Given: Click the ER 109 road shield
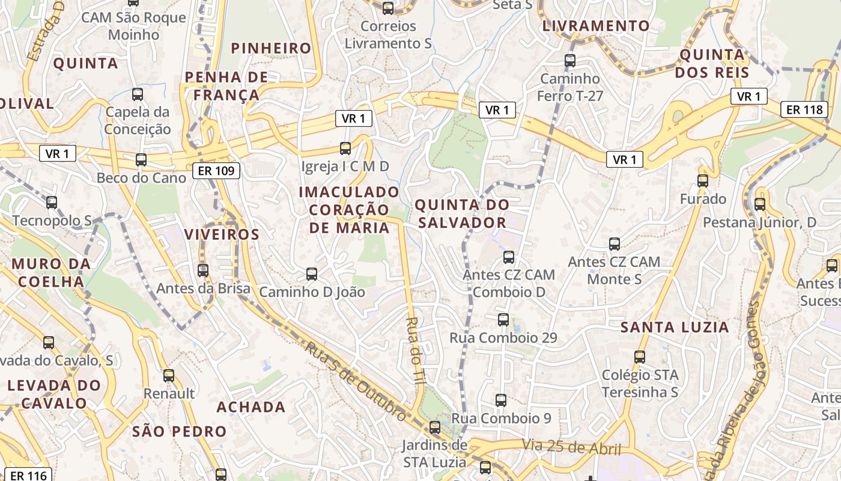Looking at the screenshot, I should pos(216,171).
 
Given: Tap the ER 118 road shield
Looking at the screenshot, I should pos(804,109).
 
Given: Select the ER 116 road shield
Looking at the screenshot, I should pos(28,476).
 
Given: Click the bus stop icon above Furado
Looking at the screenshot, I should pos(703,180).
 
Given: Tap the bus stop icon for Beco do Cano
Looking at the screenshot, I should pos(141,160).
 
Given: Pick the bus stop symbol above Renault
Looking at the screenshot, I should pos(169,376).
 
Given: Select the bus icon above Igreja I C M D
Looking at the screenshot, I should pos(345,148).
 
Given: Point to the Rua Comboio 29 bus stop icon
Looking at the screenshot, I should pos(503,320).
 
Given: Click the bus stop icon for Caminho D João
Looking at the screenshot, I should pos(312,274).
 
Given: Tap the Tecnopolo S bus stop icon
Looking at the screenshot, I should pos(52,203).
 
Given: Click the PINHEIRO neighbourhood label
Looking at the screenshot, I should pos(272,48).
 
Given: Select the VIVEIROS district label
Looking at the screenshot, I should pos(222,234).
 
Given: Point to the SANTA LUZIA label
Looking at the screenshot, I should pos(675,328).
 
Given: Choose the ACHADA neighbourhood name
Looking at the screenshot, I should pos(251,407).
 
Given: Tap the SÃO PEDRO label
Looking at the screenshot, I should pos(179,431).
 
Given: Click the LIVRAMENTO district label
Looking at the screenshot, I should pos(596,26).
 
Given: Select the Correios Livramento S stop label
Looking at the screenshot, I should pos(388,35).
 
